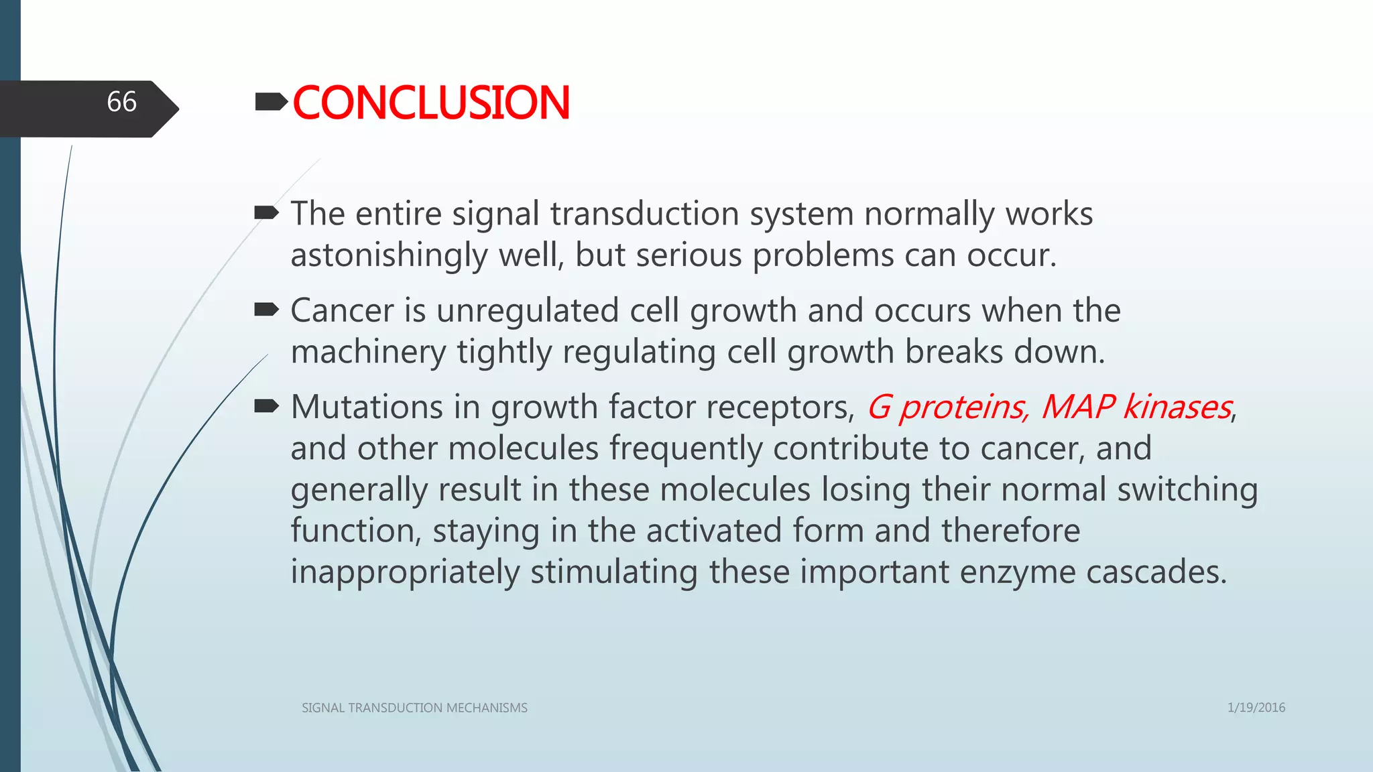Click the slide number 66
[121, 103]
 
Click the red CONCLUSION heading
[431, 103]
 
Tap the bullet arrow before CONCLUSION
[271, 102]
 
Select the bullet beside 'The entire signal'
[266, 214]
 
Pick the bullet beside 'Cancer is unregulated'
[266, 310]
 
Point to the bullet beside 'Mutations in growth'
[266, 406]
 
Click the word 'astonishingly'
[388, 256]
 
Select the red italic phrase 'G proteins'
[946, 407]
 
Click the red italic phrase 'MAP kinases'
[1136, 407]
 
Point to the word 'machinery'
[368, 352]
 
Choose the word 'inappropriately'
[405, 572]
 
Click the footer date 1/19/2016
[1256, 708]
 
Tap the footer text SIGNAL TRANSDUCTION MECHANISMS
[414, 708]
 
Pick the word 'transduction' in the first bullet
[644, 214]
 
